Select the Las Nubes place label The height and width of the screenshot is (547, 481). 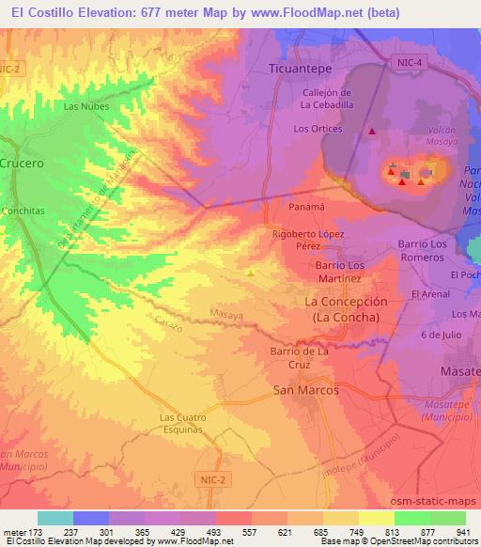(86, 106)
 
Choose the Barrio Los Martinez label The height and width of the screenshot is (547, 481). (336, 273)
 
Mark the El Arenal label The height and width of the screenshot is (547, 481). (429, 294)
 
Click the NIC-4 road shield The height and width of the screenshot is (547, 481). (404, 61)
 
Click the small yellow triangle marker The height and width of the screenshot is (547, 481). (250, 273)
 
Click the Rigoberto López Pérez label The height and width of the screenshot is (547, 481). (308, 240)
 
